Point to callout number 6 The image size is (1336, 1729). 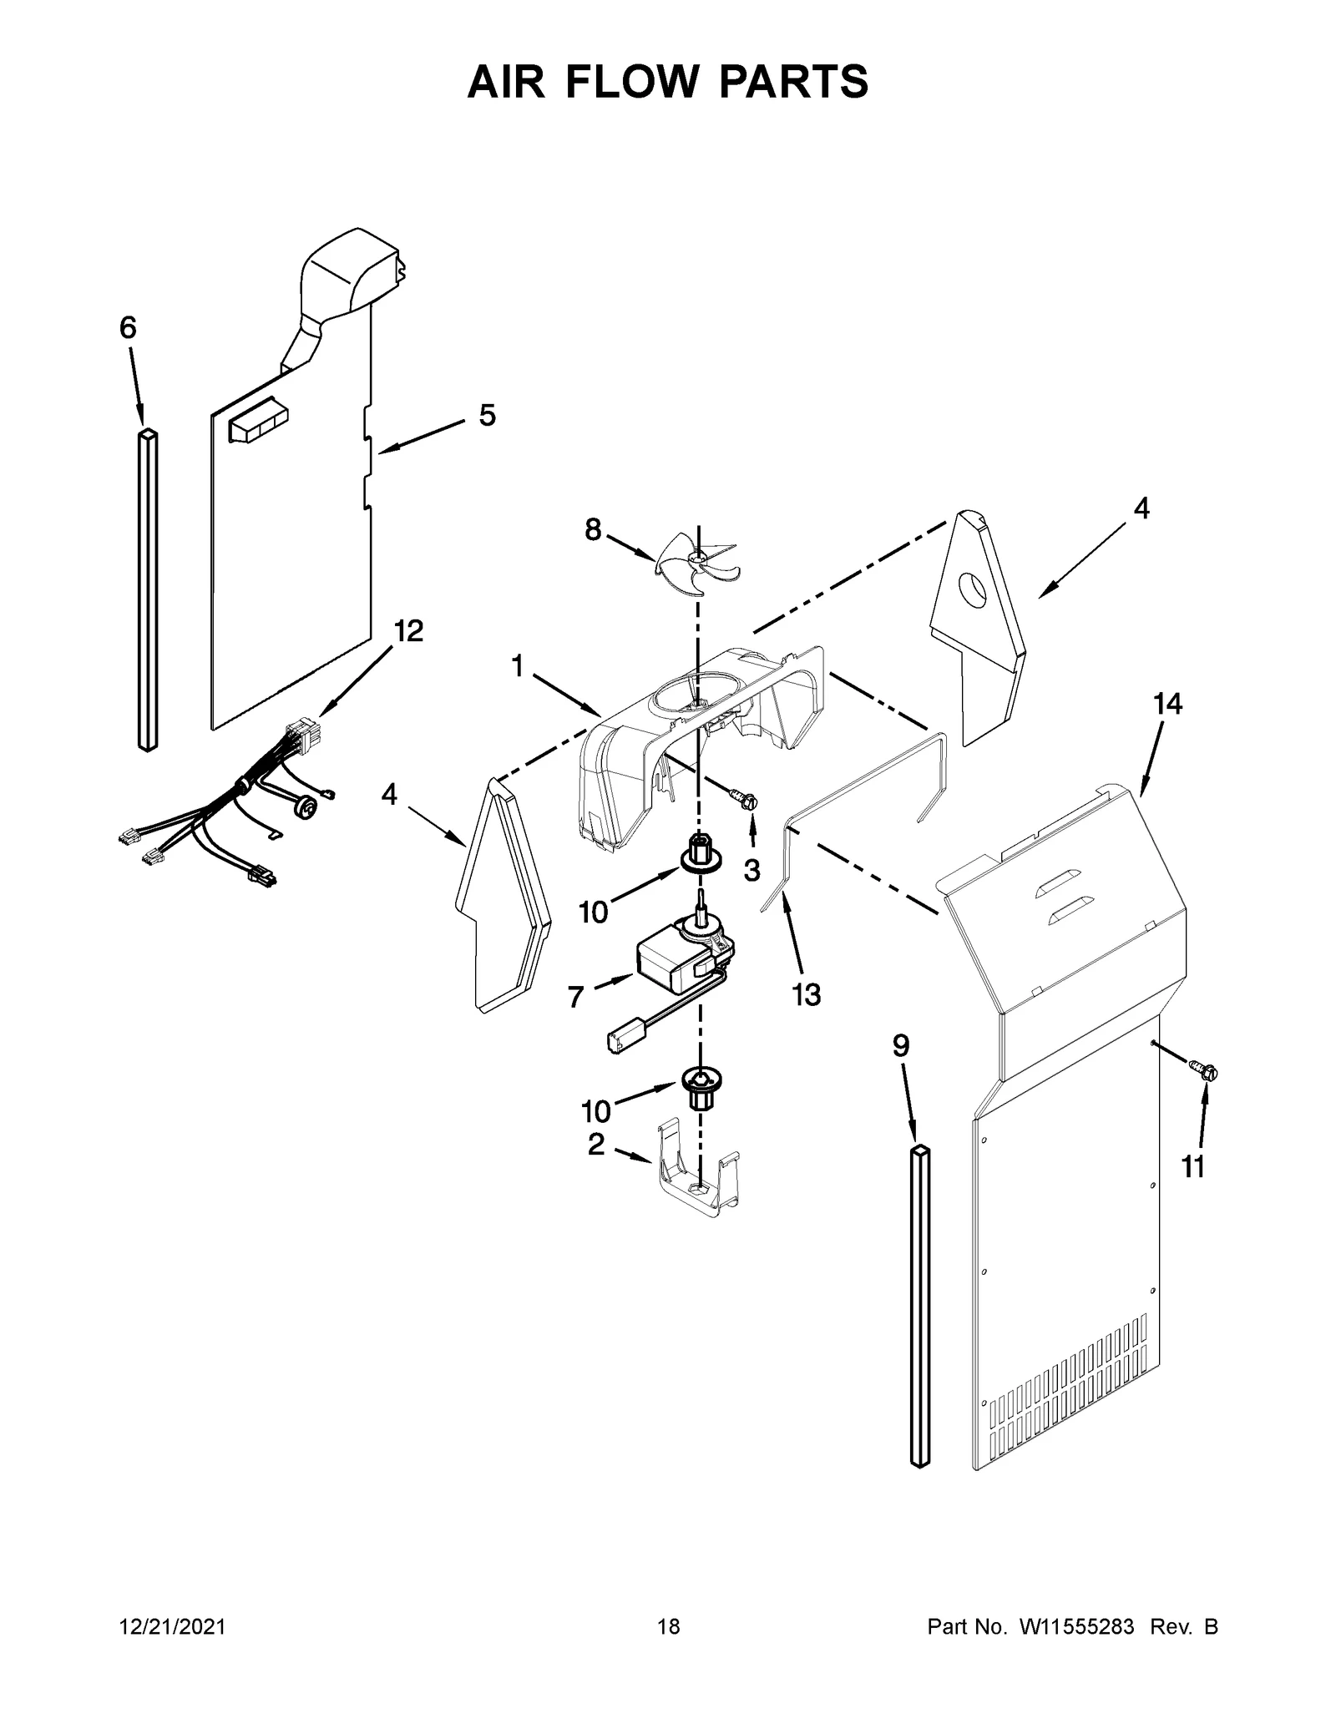[127, 328]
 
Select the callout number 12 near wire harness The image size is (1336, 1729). [407, 631]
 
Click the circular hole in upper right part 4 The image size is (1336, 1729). [970, 591]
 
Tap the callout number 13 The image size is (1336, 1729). [807, 993]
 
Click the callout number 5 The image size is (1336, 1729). [487, 415]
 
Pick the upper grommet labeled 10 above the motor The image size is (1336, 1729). [700, 852]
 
